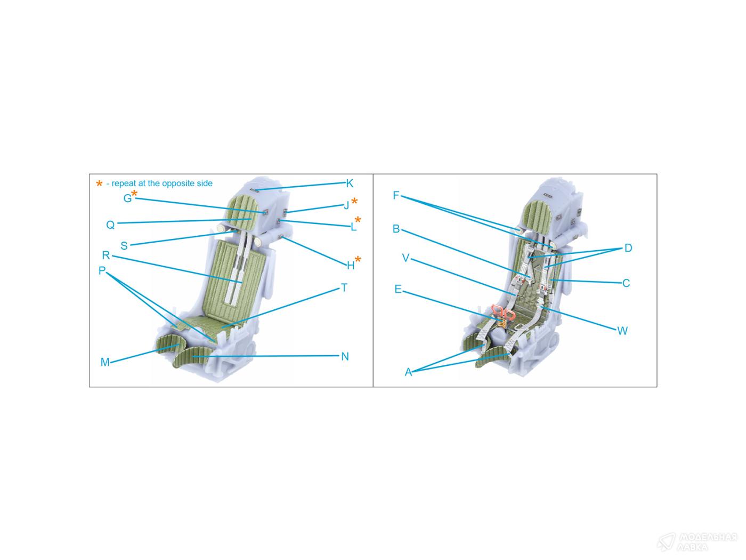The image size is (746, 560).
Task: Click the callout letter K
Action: pyautogui.click(x=350, y=183)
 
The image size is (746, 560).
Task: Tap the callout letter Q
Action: pyautogui.click(x=110, y=225)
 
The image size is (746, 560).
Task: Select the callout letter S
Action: pyautogui.click(x=124, y=245)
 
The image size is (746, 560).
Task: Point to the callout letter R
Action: pyautogui.click(x=106, y=255)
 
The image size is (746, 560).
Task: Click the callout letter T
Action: pyautogui.click(x=344, y=288)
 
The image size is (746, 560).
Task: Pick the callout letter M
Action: pyautogui.click(x=105, y=362)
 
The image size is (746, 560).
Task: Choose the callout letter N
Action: pyautogui.click(x=345, y=356)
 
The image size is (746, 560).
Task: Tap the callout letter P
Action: pyautogui.click(x=102, y=270)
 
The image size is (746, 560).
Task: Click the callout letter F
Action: pyautogui.click(x=396, y=195)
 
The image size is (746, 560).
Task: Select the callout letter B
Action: pyautogui.click(x=396, y=228)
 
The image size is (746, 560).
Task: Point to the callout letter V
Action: pyautogui.click(x=406, y=258)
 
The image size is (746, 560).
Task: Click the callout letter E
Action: pyautogui.click(x=398, y=290)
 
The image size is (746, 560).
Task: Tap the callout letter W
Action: pyautogui.click(x=622, y=331)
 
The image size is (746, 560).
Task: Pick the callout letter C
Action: pyautogui.click(x=626, y=283)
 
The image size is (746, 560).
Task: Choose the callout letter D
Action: pyautogui.click(x=628, y=248)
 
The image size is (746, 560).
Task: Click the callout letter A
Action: pyautogui.click(x=408, y=372)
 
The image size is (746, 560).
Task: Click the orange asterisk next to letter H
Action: pyautogui.click(x=358, y=259)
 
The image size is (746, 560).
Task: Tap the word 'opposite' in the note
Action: pyautogui.click(x=181, y=183)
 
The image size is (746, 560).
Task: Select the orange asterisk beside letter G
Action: pyautogui.click(x=134, y=193)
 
